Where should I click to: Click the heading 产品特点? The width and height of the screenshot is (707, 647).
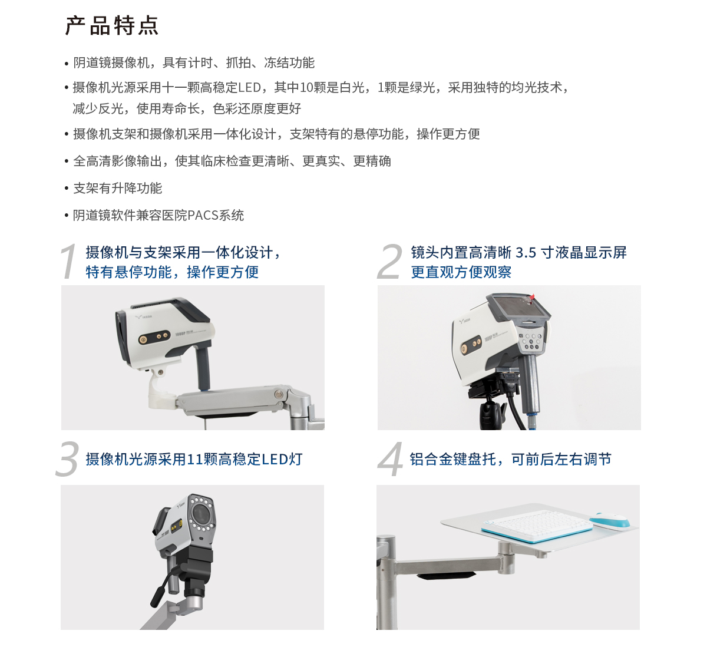(x=112, y=26)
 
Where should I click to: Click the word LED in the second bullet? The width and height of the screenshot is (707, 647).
(x=249, y=88)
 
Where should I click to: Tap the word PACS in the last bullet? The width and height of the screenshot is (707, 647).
(x=203, y=216)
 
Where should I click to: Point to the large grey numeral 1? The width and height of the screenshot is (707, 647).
(x=69, y=261)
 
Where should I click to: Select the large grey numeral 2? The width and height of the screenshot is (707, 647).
(x=389, y=261)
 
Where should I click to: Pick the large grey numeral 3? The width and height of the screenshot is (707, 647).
(x=67, y=460)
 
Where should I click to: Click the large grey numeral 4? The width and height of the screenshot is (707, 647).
(x=390, y=460)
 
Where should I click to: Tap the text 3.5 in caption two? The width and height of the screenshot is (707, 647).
(x=526, y=253)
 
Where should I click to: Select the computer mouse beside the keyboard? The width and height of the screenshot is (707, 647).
(x=610, y=520)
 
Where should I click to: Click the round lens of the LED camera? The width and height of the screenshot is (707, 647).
(x=201, y=514)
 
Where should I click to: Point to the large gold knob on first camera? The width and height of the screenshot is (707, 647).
(x=143, y=340)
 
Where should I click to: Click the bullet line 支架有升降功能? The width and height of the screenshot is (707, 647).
(x=117, y=189)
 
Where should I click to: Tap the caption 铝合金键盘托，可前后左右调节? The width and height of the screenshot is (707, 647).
(x=510, y=460)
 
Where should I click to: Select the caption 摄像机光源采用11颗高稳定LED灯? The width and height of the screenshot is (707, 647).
(x=194, y=460)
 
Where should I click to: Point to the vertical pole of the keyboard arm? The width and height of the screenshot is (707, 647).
(x=386, y=583)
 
